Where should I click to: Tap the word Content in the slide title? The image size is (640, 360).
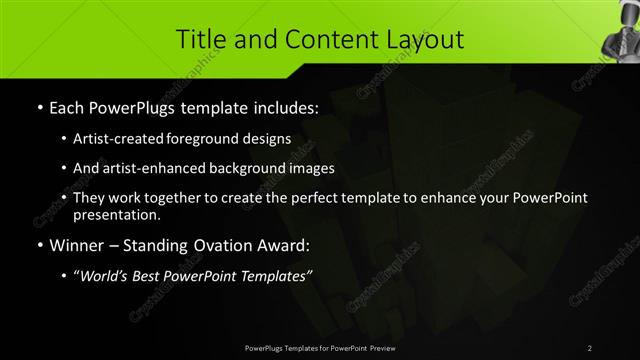[x=316, y=40]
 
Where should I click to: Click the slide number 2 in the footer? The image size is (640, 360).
[x=590, y=347]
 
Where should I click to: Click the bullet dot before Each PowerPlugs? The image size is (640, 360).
[x=39, y=108]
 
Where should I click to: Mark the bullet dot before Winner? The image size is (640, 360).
[x=39, y=245]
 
